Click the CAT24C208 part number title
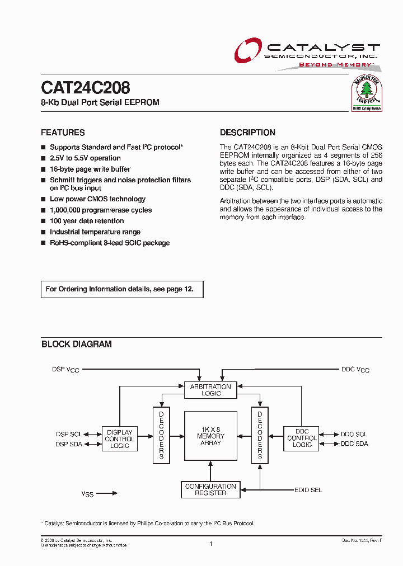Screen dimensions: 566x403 86,88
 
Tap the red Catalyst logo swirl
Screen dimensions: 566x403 247,51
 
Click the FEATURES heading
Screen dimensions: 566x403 63,133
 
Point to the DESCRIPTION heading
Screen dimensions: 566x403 247,133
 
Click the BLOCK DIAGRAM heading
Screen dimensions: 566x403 76,345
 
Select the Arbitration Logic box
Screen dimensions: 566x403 210,390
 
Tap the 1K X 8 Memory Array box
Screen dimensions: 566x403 210,436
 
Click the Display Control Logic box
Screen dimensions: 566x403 119,439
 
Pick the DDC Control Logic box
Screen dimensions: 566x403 302,438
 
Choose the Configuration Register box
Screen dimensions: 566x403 210,490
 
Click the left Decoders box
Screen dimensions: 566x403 161,435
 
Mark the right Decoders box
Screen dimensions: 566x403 260,435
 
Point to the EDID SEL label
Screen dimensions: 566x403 308,490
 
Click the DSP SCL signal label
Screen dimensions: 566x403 69,434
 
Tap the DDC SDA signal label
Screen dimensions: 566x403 354,444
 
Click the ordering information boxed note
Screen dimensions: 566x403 122,289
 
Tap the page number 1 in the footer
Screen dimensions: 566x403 210,543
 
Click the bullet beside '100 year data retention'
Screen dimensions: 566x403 43,221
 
